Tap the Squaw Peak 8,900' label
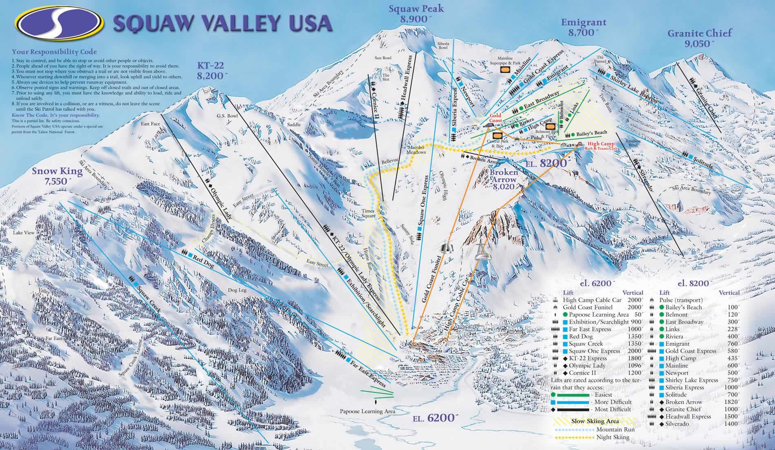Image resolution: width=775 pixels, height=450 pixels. pyautogui.click(x=410, y=13)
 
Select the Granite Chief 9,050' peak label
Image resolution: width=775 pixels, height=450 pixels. pyautogui.click(x=700, y=39)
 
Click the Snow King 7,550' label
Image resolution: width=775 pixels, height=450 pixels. pyautogui.click(x=57, y=176)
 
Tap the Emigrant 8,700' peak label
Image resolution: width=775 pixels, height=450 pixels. pyautogui.click(x=584, y=28)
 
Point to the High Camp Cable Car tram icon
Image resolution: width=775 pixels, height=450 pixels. pyautogui.click(x=482, y=251)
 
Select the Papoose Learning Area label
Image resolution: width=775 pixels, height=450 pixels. pyautogui.click(x=368, y=411)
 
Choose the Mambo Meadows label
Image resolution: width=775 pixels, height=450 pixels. pyautogui.click(x=416, y=149)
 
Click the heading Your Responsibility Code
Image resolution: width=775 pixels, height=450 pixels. pyautogui.click(x=54, y=52)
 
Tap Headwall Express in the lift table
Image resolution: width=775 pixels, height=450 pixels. pyautogui.click(x=688, y=417)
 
